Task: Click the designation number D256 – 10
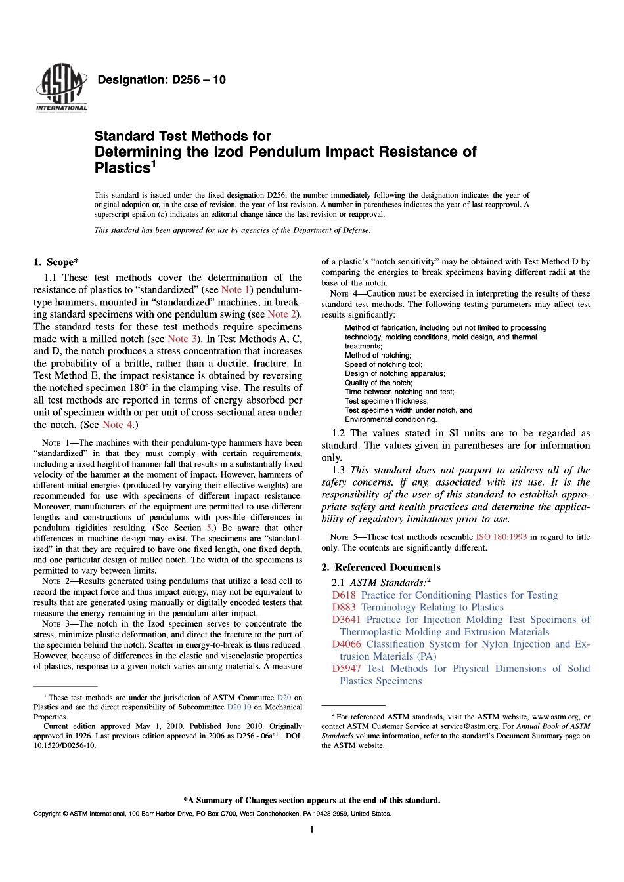pyautogui.click(x=161, y=80)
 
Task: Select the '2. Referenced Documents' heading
pyautogui.click(x=381, y=567)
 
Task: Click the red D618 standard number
pyautogui.click(x=344, y=595)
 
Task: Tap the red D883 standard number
pyautogui.click(x=344, y=608)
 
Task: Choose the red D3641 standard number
pyautogui.click(x=346, y=619)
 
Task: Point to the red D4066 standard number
pyautogui.click(x=346, y=644)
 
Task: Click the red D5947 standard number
pyautogui.click(x=346, y=669)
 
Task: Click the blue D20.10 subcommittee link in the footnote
pyautogui.click(x=239, y=707)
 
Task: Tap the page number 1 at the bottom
pyautogui.click(x=312, y=829)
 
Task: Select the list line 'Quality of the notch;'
pyautogui.click(x=378, y=383)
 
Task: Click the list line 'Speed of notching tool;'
pyautogui.click(x=384, y=364)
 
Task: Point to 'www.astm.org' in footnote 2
pyautogui.click(x=555, y=717)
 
